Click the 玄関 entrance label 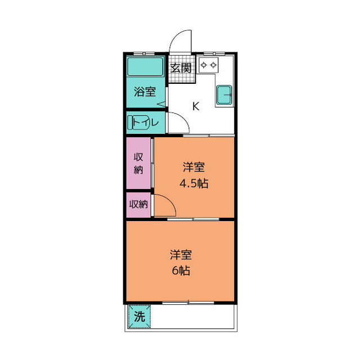(x=181, y=67)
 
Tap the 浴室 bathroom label (x=145, y=91)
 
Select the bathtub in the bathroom (x=145, y=66)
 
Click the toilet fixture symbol (x=139, y=123)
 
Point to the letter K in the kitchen (x=196, y=106)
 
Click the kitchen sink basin (x=224, y=94)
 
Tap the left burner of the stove (x=204, y=65)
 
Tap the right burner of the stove (x=214, y=65)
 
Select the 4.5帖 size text (x=193, y=184)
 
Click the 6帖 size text (x=181, y=271)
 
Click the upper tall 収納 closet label (x=138, y=164)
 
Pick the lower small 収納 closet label (x=138, y=204)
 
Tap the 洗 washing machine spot (x=139, y=316)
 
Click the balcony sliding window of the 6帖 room (x=188, y=303)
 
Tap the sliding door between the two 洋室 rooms (x=193, y=219)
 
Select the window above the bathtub (x=144, y=54)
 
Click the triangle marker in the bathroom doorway (x=161, y=104)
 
